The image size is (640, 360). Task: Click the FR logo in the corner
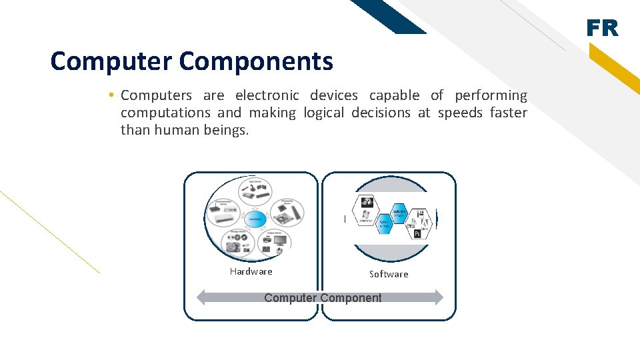pos(602,28)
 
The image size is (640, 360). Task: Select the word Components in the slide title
pos(256,61)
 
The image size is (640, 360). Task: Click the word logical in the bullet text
pos(323,113)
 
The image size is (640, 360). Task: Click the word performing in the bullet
pos(491,95)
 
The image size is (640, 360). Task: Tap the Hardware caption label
pos(251,271)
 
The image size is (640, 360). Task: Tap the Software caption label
pos(389,274)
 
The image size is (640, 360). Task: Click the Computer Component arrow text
pos(323,298)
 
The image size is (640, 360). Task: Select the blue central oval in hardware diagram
pos(255,219)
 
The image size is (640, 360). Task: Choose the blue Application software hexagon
pos(399,212)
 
